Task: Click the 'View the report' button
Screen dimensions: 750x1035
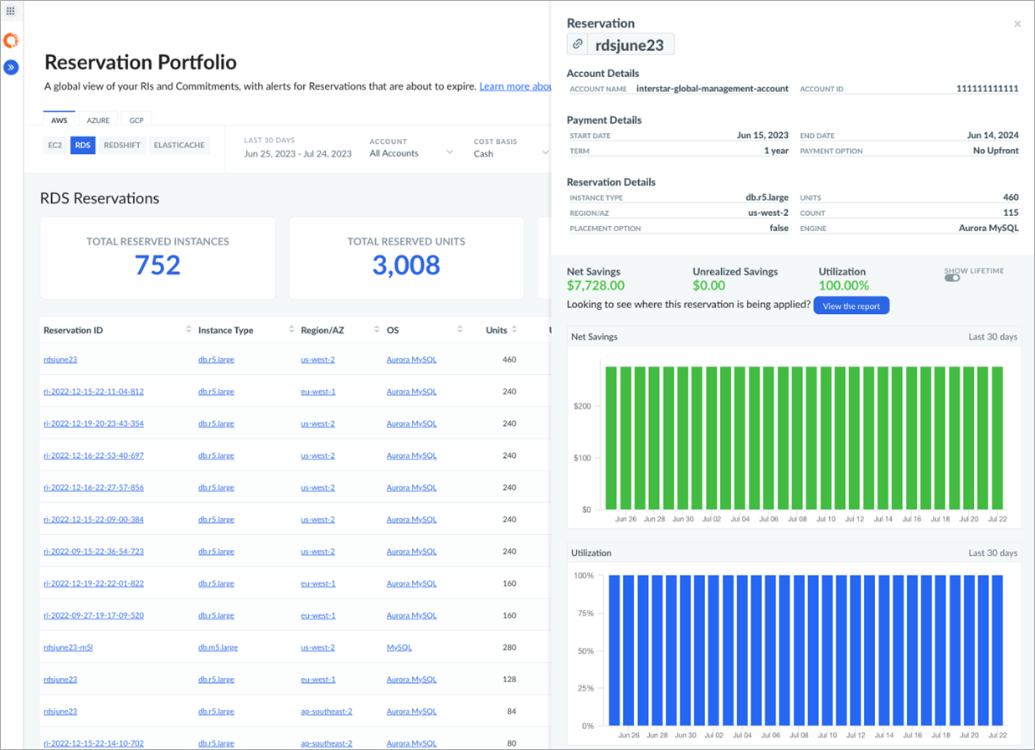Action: click(x=851, y=306)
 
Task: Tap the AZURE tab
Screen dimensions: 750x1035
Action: click(x=98, y=121)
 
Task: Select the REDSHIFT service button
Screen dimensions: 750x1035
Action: click(x=121, y=146)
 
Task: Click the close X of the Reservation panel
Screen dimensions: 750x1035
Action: click(x=1017, y=24)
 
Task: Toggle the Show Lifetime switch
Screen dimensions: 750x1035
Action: click(x=952, y=279)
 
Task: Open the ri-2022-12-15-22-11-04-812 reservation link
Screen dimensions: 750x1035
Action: click(x=94, y=392)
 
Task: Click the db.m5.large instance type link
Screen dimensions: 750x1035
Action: click(x=216, y=647)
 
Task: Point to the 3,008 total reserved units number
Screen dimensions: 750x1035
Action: click(x=406, y=265)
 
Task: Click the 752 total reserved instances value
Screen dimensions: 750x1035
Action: click(x=157, y=265)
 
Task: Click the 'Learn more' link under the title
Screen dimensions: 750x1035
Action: click(x=515, y=86)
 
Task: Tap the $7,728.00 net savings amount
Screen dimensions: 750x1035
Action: click(x=595, y=285)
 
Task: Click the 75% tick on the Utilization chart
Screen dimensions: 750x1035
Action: click(x=583, y=614)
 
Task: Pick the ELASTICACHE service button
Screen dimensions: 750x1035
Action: click(x=179, y=146)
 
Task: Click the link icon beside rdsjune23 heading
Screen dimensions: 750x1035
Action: click(x=578, y=44)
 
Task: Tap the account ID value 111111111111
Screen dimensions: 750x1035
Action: click(x=987, y=89)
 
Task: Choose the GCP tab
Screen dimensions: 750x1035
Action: click(x=136, y=121)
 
